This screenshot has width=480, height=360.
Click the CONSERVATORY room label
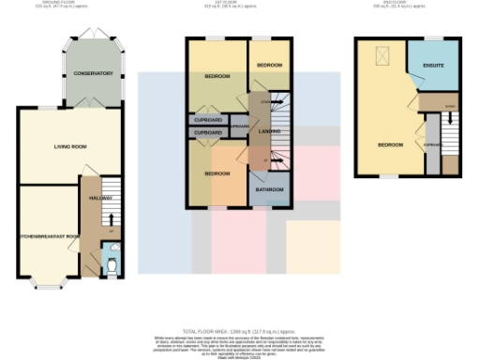(x=93, y=73)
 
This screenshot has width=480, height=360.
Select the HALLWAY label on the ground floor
(x=100, y=199)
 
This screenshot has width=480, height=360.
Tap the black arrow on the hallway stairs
(x=112, y=222)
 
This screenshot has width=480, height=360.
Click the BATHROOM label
(x=268, y=190)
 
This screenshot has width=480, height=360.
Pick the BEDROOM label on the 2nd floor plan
(x=390, y=145)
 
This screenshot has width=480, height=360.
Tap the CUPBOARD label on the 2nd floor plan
(x=431, y=145)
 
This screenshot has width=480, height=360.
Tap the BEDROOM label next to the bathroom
(x=217, y=173)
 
